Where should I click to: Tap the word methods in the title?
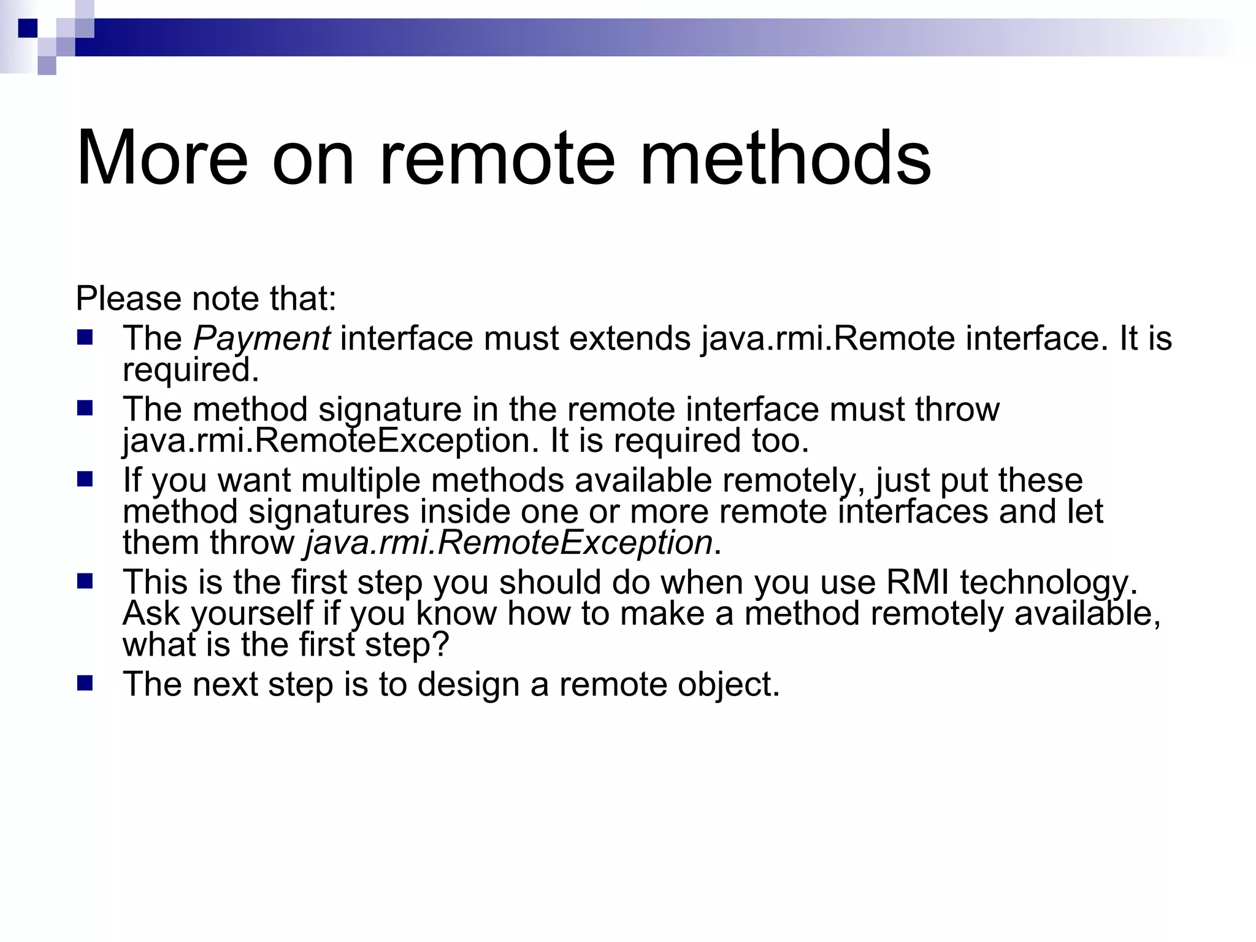[x=785, y=158]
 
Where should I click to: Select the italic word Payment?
[x=262, y=339]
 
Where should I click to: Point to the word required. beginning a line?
[x=191, y=370]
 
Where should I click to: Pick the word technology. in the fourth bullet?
[x=1049, y=582]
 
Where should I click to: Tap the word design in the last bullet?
[x=469, y=684]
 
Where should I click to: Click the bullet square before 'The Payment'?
[x=85, y=337]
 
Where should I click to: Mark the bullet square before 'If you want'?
[x=85, y=479]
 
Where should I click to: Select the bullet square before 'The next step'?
[x=85, y=683]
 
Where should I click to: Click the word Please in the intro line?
[x=129, y=299]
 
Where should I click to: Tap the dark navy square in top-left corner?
[x=28, y=28]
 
